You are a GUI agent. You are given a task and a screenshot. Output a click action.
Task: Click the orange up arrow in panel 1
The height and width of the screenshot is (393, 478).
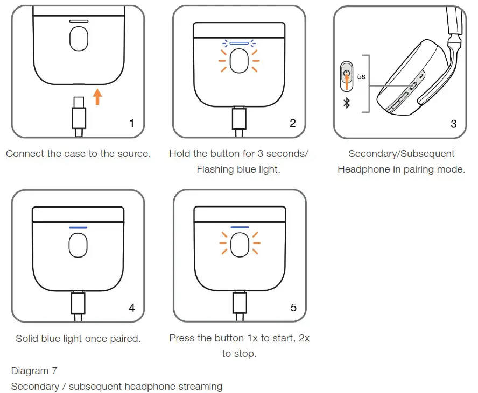coord(97,97)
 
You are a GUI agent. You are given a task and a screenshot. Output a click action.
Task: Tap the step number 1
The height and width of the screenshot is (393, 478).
coord(131,123)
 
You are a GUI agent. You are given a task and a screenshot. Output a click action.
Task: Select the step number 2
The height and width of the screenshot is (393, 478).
coord(293,123)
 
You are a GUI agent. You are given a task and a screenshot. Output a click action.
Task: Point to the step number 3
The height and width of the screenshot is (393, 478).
coord(453,124)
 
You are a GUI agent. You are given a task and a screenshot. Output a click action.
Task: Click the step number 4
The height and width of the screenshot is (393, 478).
coord(131,308)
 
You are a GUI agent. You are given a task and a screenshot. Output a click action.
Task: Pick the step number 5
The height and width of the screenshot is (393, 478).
coord(293,308)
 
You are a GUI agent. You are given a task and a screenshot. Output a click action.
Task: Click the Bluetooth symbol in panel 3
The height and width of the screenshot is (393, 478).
coord(347,103)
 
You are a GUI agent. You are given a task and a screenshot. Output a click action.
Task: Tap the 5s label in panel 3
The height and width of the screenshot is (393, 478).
coord(361,77)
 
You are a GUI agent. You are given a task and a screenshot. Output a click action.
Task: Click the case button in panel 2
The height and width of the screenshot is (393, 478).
coord(239,62)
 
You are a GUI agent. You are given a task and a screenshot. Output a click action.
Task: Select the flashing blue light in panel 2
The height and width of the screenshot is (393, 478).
coord(239,43)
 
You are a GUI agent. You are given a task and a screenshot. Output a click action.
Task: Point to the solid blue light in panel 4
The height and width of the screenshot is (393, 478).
coord(78,227)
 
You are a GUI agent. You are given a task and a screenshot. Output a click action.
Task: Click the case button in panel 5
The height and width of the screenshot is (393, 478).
coord(240,246)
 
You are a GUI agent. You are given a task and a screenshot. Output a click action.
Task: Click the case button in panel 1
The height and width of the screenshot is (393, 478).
coord(79,39)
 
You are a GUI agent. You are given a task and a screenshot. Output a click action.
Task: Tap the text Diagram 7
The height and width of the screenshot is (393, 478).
coord(34,371)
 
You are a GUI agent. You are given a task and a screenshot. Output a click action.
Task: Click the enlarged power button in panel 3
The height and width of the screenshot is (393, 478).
coord(347,76)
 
